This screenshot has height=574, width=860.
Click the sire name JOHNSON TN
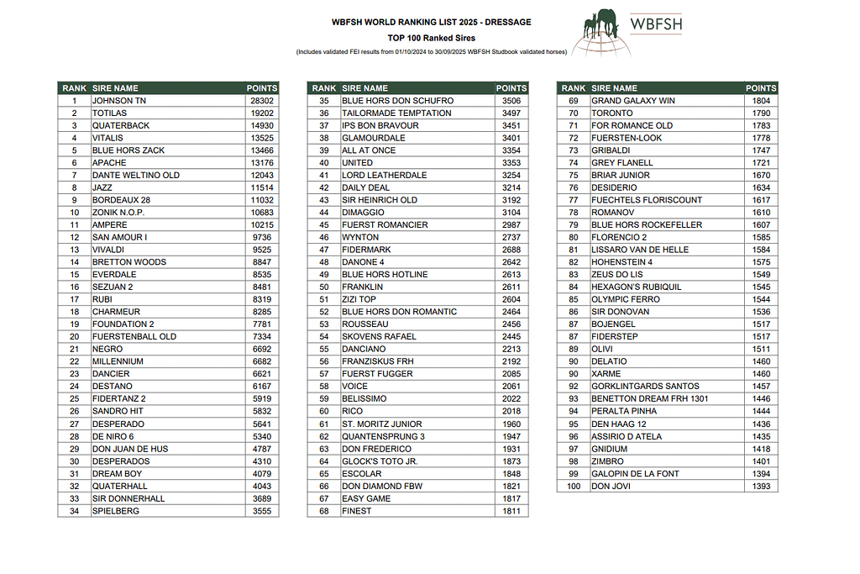point(118,101)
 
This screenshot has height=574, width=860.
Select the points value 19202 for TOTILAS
point(262,113)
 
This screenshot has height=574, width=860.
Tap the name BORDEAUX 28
point(121,200)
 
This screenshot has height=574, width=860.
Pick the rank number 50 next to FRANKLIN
point(324,287)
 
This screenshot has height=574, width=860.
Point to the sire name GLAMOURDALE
point(373,138)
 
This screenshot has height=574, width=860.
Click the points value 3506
point(511,101)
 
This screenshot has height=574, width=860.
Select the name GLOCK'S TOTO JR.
point(380,461)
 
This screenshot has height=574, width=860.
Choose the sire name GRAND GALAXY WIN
point(632,101)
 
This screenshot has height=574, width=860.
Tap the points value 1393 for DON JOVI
point(761,487)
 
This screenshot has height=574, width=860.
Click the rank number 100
point(574,487)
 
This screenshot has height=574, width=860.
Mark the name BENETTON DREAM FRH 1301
point(649,399)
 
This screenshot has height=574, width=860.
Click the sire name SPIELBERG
point(116,511)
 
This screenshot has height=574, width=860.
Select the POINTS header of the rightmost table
point(761,88)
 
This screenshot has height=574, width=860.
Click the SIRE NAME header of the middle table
point(365,88)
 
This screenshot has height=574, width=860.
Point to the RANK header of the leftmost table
point(75,88)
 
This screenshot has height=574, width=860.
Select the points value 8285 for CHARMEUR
point(262,312)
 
